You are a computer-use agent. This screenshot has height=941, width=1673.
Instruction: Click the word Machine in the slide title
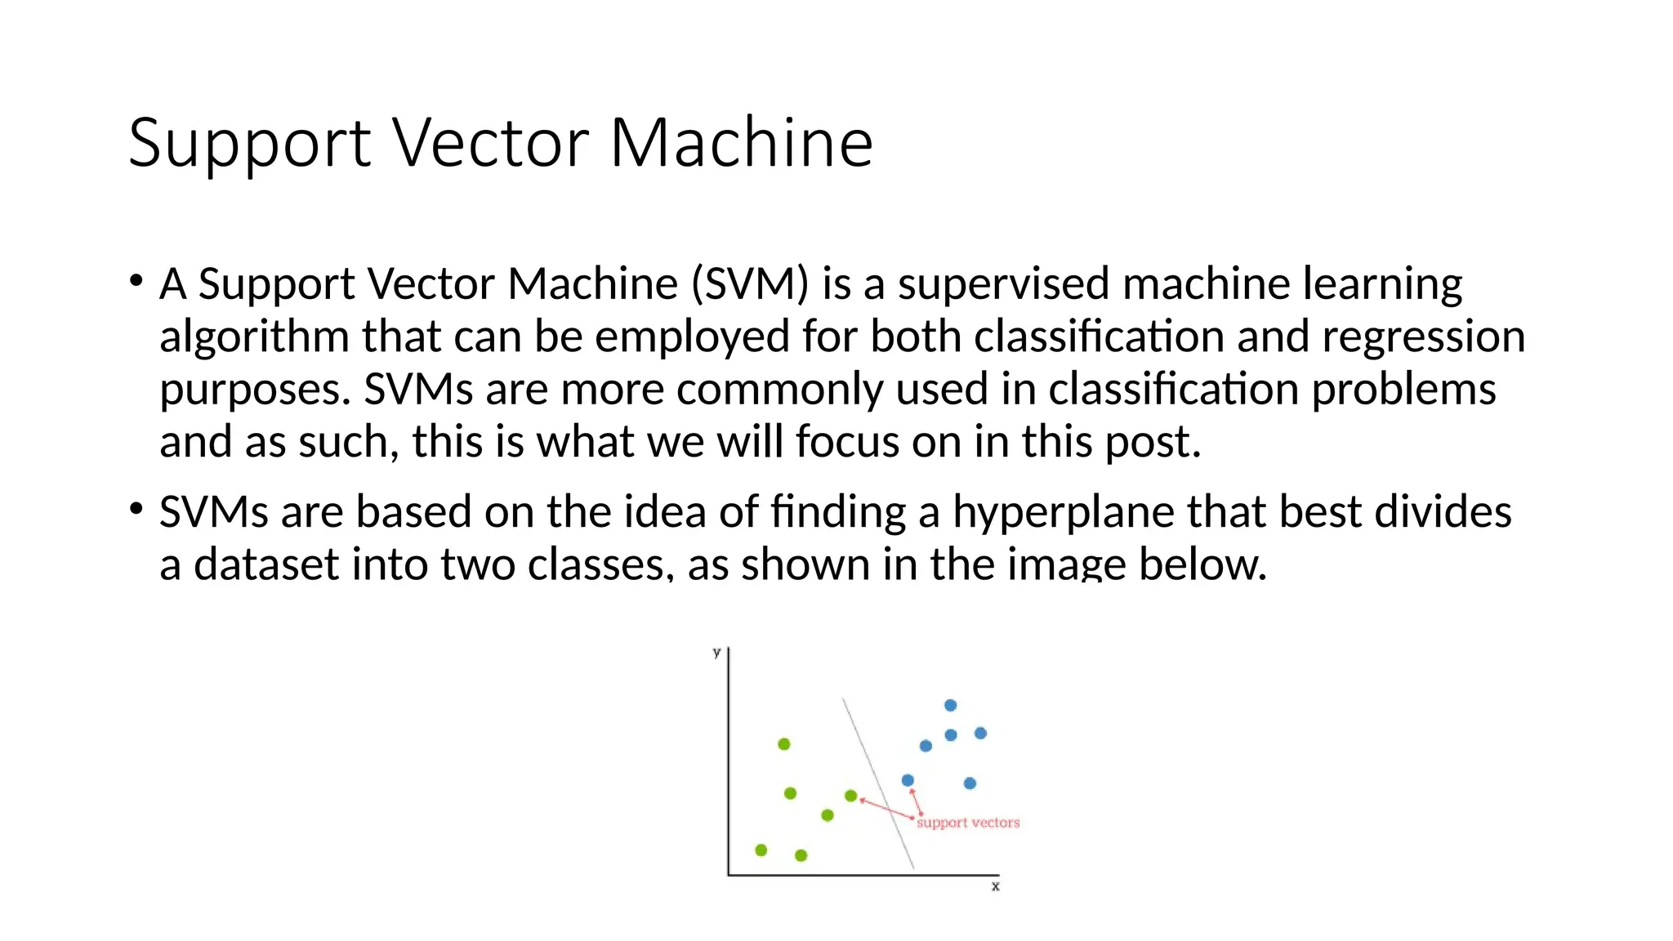coord(741,143)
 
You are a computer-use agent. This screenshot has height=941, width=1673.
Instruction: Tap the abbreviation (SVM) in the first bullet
coord(750,283)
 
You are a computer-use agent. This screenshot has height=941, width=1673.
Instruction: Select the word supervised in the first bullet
coord(1003,283)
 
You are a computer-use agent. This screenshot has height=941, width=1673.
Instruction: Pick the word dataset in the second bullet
coord(266,564)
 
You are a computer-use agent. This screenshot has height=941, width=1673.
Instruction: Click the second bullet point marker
coord(136,510)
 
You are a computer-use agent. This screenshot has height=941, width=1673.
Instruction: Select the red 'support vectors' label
coord(968,823)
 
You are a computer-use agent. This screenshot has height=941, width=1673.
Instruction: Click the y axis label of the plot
coord(716,652)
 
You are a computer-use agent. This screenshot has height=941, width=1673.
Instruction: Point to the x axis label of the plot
coord(995,886)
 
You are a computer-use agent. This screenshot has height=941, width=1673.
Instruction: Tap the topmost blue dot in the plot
coord(950,705)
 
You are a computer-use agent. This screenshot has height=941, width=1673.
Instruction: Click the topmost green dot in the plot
coord(784,744)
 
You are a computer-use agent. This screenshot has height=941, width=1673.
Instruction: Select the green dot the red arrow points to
coord(850,796)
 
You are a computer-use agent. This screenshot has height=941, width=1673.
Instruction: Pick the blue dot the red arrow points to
coord(908,780)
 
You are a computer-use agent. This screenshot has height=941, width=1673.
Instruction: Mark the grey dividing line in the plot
coord(878,783)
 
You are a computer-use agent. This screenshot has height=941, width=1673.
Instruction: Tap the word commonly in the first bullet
coord(779,389)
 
